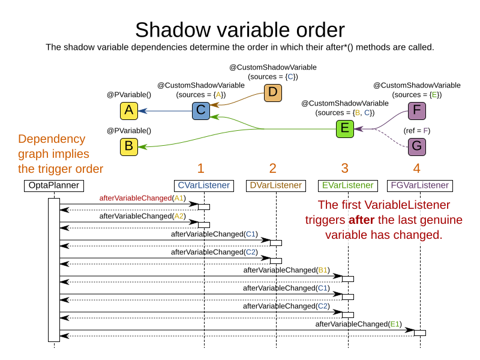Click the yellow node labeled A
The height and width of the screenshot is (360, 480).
tap(128, 111)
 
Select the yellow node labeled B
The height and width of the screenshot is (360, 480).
tap(128, 146)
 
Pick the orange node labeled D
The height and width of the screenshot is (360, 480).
tap(272, 93)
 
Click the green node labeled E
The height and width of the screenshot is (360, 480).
tap(344, 128)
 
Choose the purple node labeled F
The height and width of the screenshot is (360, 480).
tap(416, 111)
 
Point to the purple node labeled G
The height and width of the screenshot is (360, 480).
tap(416, 146)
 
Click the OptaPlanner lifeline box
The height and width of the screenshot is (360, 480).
tap(54, 185)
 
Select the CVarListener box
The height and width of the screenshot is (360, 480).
tap(204, 185)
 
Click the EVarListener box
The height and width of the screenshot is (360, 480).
tap(348, 185)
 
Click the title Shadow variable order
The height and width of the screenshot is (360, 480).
tap(240, 29)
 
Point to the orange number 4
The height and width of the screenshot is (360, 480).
tap(416, 168)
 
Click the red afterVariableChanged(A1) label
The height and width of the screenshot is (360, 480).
tap(143, 198)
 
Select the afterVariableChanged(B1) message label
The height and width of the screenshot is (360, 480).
tap(287, 270)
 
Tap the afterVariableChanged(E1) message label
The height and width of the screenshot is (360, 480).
tap(359, 324)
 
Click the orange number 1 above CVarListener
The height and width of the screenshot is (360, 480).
tap(200, 168)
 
